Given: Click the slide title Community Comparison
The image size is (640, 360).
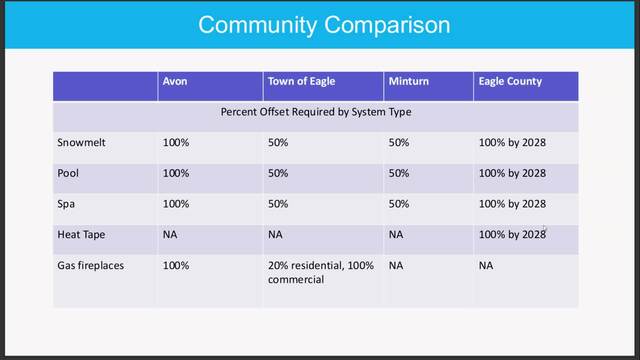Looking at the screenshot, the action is [324, 25].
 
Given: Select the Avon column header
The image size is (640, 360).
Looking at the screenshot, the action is [175, 81].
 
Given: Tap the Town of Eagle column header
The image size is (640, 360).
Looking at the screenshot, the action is [301, 81].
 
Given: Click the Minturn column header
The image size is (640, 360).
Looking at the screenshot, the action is [409, 81].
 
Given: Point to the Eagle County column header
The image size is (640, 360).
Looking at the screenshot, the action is [510, 82].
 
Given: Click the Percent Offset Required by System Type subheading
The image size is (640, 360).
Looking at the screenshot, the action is [316, 112].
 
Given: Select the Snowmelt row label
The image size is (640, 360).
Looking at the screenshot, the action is [81, 142].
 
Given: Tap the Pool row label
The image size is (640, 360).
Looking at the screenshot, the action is [68, 173].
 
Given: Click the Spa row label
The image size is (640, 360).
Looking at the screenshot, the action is [66, 204].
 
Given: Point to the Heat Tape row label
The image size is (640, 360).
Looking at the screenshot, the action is [81, 235].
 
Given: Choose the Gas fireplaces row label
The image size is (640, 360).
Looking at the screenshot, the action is [91, 266].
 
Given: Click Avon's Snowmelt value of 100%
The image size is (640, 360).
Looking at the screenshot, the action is [176, 142].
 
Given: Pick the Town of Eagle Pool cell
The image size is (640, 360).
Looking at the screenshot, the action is [278, 173].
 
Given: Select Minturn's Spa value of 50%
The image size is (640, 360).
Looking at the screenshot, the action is [399, 204].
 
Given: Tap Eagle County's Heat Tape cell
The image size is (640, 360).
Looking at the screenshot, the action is [512, 235].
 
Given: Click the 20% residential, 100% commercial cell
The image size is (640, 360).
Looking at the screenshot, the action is [321, 272].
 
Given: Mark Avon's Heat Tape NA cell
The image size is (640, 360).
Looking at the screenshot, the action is [170, 235].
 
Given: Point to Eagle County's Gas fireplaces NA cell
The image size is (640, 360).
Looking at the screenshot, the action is [486, 266].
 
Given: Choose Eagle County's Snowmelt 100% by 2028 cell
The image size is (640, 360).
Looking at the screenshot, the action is [512, 142].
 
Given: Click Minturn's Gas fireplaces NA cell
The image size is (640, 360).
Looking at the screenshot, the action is [396, 266].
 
